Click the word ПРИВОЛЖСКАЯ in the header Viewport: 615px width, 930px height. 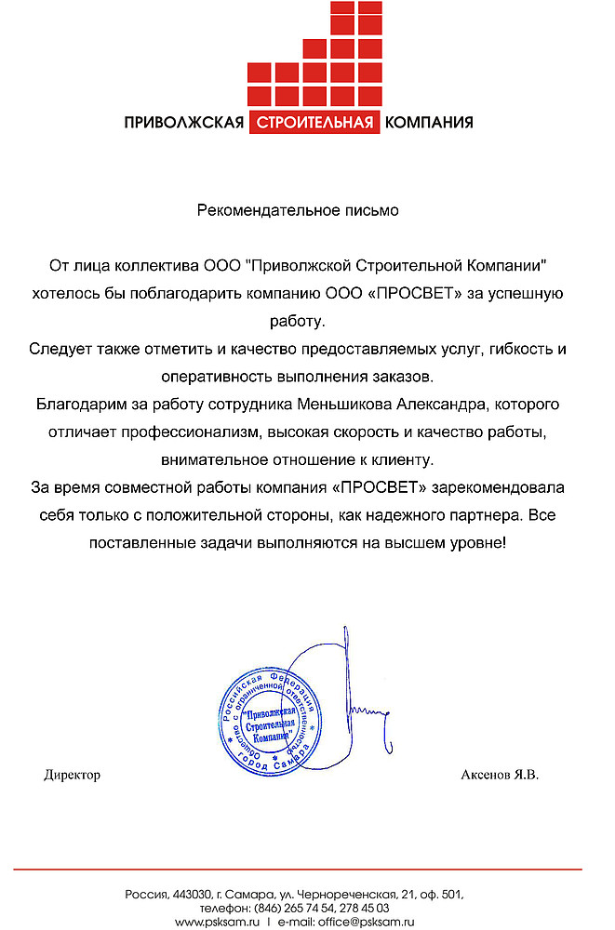[184, 123]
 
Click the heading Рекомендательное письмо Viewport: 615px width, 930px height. [298, 210]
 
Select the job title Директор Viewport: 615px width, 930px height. [72, 775]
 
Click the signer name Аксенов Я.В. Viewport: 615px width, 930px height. [500, 775]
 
